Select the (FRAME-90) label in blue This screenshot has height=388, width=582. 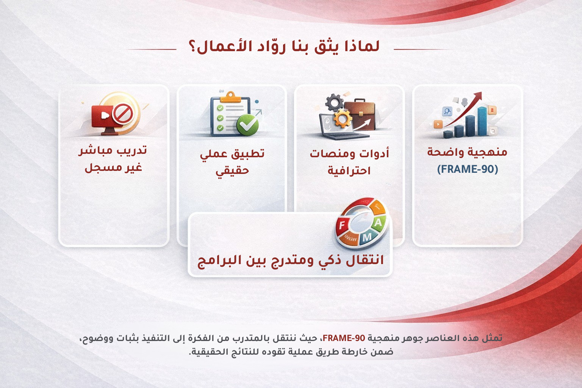(467, 169)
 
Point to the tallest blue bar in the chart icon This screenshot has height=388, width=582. (482, 121)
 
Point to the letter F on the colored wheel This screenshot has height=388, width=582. (342, 225)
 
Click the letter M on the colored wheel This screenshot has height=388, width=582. (367, 238)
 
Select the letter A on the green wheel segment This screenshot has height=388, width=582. (378, 223)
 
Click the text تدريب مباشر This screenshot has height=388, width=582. (113, 150)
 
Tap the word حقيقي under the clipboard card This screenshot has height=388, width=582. (232, 171)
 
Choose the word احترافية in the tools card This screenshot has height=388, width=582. (349, 171)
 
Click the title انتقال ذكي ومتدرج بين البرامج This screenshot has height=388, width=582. (291, 260)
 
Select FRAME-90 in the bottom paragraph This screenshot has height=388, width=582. (344, 338)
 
